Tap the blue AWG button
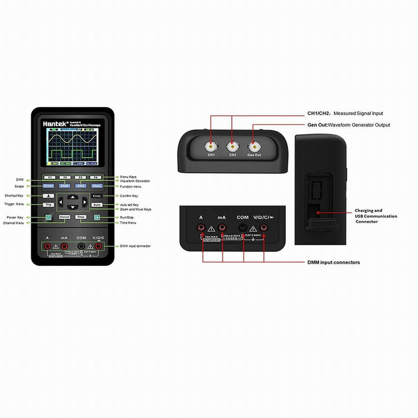pos(81,186)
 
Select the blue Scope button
pos(48,186)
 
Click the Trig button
pos(48,205)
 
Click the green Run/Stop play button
pos(96,217)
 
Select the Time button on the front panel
pos(81,217)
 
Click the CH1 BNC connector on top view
pos(211,146)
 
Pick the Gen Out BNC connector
pos(254,146)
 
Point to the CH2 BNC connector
pos(232,146)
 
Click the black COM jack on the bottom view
pos(242,227)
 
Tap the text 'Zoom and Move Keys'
pos(135,209)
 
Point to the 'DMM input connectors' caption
pos(333,262)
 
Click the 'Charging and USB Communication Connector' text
pos(376,216)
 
